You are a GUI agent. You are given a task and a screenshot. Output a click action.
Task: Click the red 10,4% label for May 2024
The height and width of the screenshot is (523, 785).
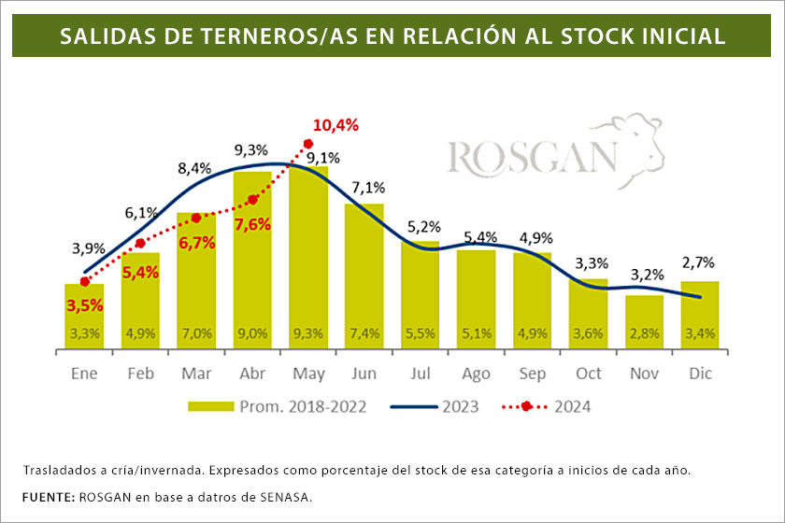coord(336,125)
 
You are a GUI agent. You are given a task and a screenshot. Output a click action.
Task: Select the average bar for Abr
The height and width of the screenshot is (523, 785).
coord(252,261)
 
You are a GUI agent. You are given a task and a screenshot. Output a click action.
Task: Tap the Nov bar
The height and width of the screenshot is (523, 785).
coord(645,322)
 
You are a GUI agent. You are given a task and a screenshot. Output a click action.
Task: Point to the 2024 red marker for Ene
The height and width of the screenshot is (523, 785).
coord(84,281)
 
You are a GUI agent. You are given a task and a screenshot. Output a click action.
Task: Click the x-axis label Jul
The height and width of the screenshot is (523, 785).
coord(421,373)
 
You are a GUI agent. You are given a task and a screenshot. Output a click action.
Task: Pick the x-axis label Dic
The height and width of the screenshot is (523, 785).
coord(701,373)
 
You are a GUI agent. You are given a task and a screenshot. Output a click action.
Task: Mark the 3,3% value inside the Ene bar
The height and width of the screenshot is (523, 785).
coord(84,333)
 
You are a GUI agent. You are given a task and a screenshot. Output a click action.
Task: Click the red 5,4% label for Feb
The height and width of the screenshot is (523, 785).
coord(141,273)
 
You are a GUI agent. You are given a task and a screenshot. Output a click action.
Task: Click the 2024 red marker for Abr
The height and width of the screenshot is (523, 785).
coord(252,199)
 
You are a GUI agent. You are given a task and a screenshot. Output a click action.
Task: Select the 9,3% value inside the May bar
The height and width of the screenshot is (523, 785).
coord(308,333)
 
